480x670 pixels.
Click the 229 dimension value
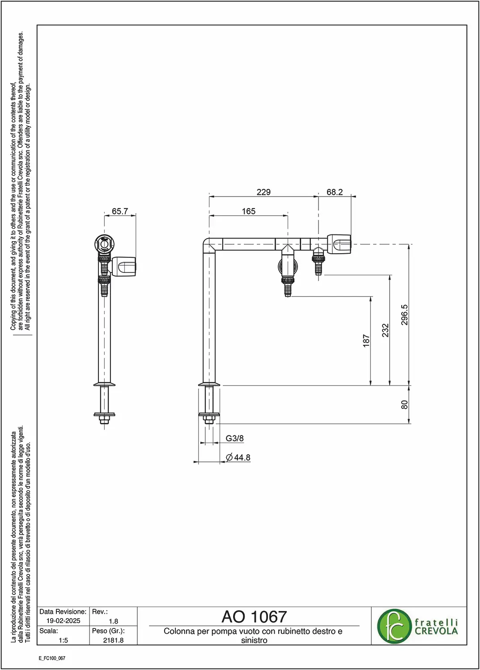click(263, 192)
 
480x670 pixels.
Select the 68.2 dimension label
click(334, 192)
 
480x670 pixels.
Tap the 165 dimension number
click(248, 211)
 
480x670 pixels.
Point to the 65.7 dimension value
click(120, 211)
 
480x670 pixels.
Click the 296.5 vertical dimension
click(404, 314)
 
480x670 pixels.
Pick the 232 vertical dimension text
click(385, 330)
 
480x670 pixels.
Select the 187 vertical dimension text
click(366, 341)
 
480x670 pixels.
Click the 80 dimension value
click(404, 405)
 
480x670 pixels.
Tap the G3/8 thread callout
click(234, 438)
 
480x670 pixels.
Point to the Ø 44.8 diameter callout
click(238, 457)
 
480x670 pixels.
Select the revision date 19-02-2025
click(63, 621)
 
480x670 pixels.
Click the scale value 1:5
click(63, 640)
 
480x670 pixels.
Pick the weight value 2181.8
click(113, 640)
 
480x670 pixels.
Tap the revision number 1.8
click(114, 621)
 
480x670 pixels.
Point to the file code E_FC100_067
click(52, 658)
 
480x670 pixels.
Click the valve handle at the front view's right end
click(339, 244)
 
